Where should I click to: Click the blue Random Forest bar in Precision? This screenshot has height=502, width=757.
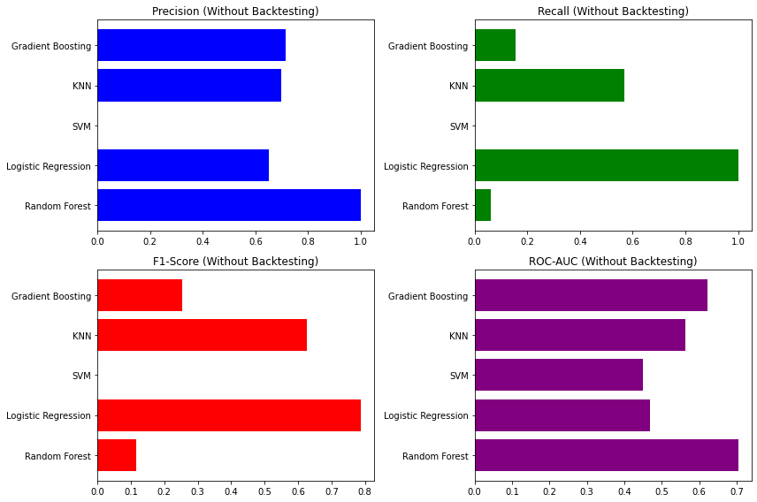[228, 205]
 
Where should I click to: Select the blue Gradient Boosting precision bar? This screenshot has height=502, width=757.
[191, 45]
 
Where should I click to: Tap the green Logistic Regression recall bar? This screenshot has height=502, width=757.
[606, 165]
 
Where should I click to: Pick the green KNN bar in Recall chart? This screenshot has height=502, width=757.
[549, 85]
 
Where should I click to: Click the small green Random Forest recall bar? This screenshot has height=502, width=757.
[483, 205]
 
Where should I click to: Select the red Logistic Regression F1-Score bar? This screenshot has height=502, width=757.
[228, 415]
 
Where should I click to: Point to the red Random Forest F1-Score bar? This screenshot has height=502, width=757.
[117, 455]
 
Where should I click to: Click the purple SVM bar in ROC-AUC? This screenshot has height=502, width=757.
[558, 375]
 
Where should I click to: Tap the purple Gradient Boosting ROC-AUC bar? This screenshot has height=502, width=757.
[591, 295]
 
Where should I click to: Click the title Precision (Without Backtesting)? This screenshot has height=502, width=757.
[235, 11]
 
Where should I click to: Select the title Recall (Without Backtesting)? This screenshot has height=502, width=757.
[613, 11]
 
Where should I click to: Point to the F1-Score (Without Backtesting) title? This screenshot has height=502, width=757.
[235, 262]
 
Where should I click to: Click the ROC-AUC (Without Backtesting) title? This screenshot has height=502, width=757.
[613, 262]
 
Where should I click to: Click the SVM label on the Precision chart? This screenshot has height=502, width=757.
[81, 126]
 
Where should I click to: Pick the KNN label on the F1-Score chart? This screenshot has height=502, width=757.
[81, 336]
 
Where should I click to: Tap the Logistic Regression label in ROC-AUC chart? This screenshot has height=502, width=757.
[426, 415]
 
